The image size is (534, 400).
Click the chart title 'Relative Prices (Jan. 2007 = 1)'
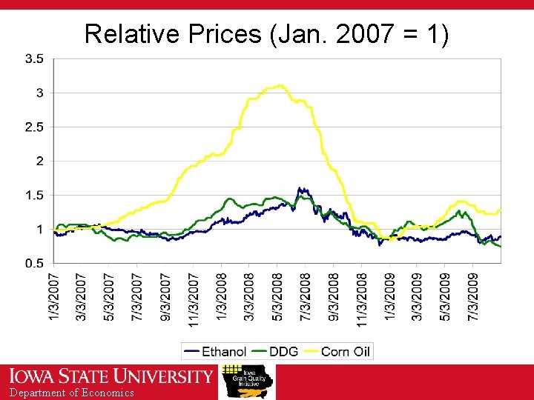click(266, 33)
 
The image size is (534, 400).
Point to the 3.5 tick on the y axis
click(34, 59)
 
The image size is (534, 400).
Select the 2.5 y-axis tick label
click(34, 127)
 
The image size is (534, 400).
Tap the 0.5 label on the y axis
click(34, 263)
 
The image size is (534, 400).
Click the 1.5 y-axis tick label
click(34, 195)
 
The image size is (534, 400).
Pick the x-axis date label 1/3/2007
click(54, 296)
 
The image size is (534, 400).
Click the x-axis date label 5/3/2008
click(277, 296)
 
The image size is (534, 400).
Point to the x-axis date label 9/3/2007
click(165, 296)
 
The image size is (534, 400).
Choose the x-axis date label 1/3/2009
click(389, 296)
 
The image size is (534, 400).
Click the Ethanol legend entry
click(216, 351)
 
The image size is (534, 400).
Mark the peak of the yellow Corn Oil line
click(280, 85)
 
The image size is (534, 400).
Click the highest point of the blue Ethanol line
click(300, 188)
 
